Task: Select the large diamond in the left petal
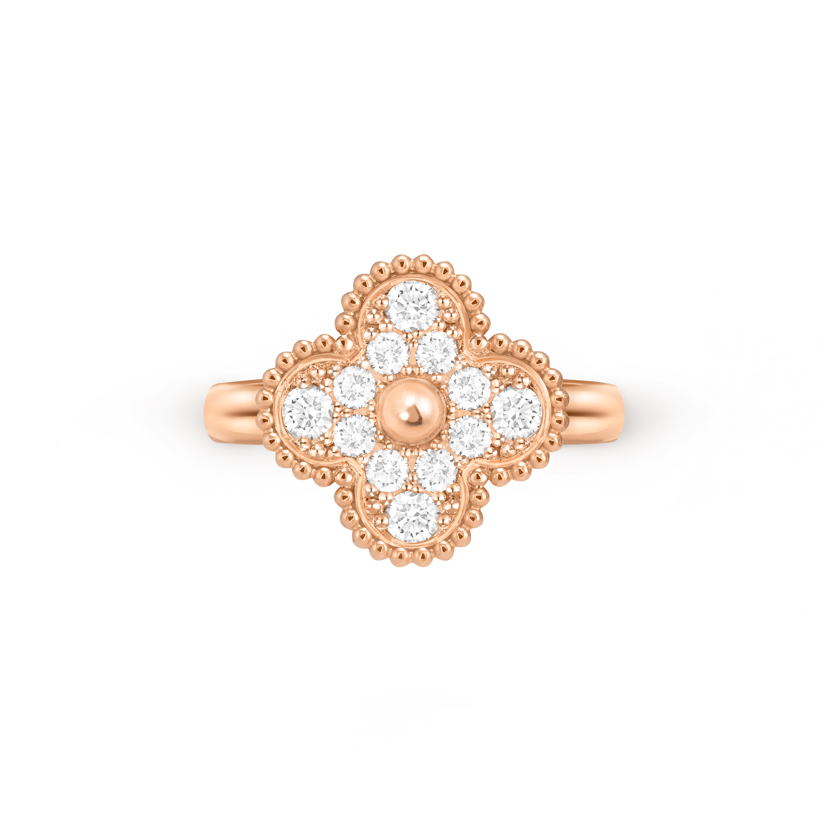tap(308, 413)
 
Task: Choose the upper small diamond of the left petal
tap(354, 387)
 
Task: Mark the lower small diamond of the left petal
tap(354, 435)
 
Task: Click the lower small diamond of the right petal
tap(470, 437)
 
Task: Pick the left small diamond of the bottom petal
tap(388, 471)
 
